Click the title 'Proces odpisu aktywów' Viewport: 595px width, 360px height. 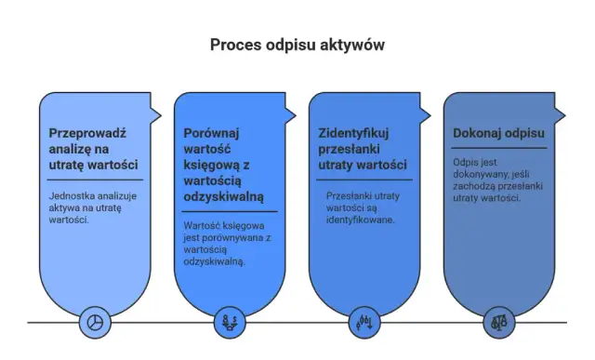[x=297, y=45]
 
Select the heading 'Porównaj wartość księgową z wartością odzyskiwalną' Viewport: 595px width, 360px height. [x=223, y=165]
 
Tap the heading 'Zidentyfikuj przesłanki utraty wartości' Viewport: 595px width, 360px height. [x=362, y=149]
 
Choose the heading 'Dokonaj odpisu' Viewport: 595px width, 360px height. [x=497, y=133]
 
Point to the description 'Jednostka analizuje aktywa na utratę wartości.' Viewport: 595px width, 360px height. [x=91, y=207]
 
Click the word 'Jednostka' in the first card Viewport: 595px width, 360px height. [x=74, y=195]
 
